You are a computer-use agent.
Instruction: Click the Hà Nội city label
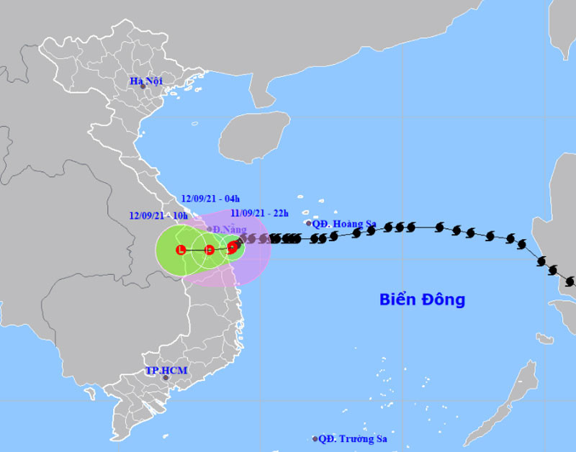coord(145,81)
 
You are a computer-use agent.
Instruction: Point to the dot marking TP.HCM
coord(165,378)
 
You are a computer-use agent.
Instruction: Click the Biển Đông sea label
coord(422,299)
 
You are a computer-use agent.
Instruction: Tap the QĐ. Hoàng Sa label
coord(344,224)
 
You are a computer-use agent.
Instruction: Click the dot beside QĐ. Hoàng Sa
coord(309,224)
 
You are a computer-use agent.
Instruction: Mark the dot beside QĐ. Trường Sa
coord(315,438)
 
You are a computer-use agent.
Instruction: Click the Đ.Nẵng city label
coord(226,229)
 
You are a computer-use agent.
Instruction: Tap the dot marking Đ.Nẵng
coord(210,229)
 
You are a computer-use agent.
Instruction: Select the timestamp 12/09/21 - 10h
coord(158,215)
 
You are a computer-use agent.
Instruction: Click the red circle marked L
coord(181,250)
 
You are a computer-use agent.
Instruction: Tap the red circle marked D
coord(209,250)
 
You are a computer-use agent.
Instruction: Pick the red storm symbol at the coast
coord(233,248)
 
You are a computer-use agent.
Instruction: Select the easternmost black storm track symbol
coord(570,281)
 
